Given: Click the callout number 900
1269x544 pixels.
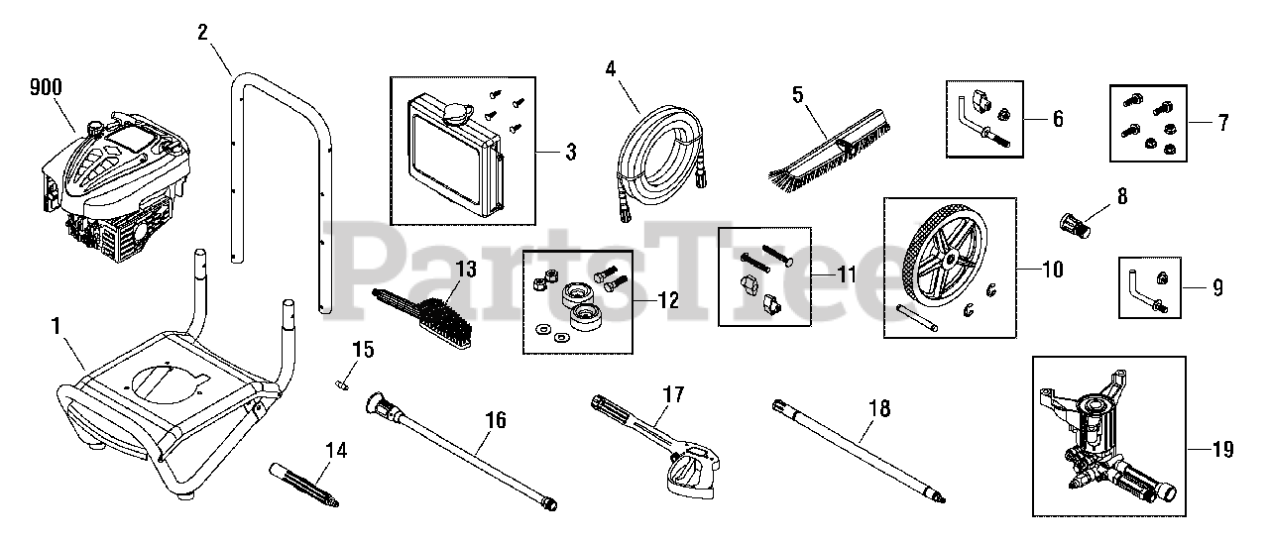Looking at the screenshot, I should (x=45, y=87).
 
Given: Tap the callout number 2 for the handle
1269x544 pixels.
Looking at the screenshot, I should (x=202, y=31).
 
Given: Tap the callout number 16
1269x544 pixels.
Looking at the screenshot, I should (x=496, y=421).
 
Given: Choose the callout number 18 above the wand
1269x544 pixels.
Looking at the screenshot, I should (x=878, y=408).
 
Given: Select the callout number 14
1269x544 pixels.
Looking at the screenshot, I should (x=336, y=451).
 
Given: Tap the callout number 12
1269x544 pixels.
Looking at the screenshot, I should (x=668, y=299).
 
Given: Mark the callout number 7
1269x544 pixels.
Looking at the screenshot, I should (x=1222, y=124).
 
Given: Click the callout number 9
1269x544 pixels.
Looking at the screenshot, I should (x=1216, y=288).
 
